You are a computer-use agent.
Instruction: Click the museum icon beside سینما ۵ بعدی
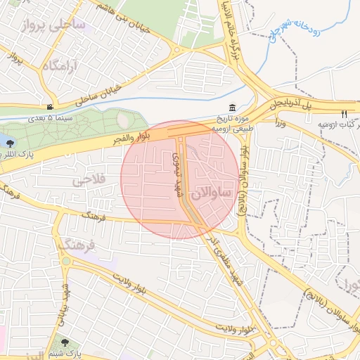[49, 107]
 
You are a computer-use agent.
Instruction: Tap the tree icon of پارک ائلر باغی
[10, 143]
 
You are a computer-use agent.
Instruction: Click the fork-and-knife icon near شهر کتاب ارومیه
[344, 114]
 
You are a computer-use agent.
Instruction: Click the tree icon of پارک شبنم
[65, 342]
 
